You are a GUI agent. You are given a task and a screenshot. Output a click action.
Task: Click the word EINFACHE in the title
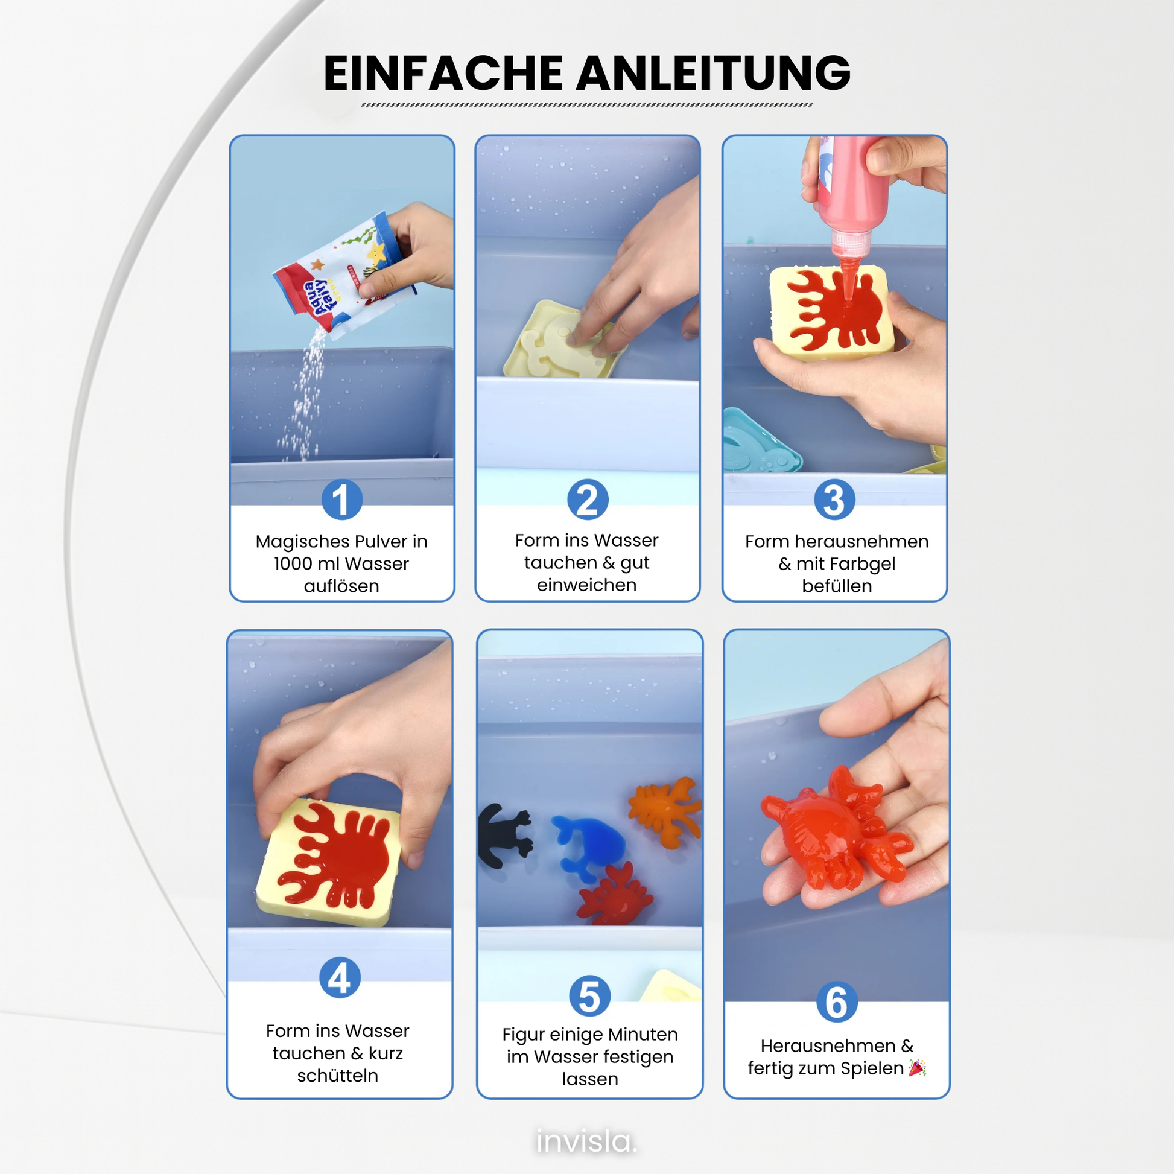443,73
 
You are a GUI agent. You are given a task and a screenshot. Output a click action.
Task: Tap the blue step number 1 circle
342,500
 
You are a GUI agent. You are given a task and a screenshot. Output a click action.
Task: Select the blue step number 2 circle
588,500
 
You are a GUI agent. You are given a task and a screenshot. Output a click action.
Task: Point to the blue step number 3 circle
834,500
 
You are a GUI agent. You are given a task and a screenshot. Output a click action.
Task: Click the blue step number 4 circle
340,978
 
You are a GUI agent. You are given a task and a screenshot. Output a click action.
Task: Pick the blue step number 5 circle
589,996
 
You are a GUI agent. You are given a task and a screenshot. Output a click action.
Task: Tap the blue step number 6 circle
837,1002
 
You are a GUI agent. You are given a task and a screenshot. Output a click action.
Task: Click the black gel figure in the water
504,836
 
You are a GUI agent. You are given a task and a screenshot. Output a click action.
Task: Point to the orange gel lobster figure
665,811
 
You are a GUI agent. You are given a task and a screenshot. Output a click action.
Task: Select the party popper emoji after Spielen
916,1068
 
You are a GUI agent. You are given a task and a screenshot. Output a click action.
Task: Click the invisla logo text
586,1141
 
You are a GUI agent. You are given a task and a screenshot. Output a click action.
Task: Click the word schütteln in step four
337,1076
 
